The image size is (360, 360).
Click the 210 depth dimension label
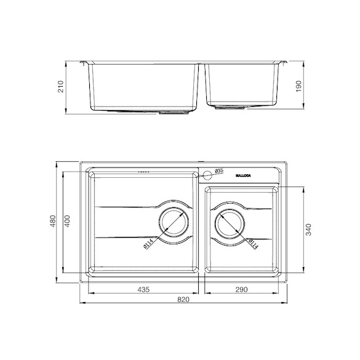click(x=60, y=87)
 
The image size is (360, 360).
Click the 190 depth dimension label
click(x=298, y=86)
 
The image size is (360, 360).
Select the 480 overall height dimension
click(x=53, y=221)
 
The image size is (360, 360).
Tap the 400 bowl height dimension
click(x=67, y=221)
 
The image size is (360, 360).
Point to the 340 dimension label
click(x=309, y=230)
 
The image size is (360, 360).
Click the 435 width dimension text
click(x=143, y=289)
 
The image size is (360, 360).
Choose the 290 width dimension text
click(x=241, y=289)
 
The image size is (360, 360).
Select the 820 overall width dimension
click(x=183, y=300)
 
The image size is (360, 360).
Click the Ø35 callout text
click(x=219, y=171)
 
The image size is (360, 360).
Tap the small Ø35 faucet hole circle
click(x=207, y=175)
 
